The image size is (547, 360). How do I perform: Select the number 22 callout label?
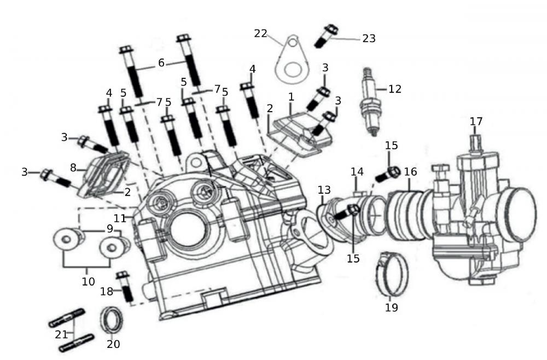click(260, 33)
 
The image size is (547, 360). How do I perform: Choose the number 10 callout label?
click(88, 281)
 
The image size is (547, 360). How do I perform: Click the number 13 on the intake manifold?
click(324, 189)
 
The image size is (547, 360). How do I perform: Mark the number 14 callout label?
click(357, 172)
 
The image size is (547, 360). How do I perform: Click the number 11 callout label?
click(120, 218)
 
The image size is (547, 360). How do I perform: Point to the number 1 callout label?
click(291, 97)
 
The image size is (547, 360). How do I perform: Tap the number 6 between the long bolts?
click(161, 63)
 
